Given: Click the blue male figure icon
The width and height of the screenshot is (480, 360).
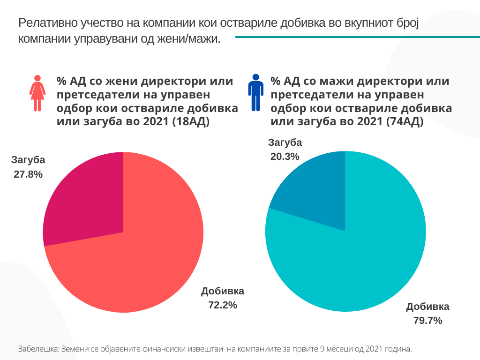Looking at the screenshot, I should (255, 92).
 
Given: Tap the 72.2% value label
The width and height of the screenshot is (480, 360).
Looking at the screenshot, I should (223, 305).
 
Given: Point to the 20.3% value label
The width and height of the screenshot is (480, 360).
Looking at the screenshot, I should (285, 157).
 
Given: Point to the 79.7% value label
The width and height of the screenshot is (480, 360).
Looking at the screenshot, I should (427, 321).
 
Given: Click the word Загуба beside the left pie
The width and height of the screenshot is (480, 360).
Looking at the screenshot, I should (28, 160).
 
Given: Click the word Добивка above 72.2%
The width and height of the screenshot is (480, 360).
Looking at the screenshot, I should (223, 291).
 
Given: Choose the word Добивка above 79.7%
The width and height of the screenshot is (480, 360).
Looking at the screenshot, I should (427, 307).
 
